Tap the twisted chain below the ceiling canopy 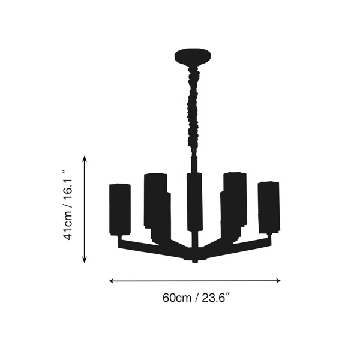(x=193, y=109)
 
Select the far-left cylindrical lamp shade (x=120, y=209)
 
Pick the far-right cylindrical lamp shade (x=269, y=208)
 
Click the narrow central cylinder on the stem (x=194, y=202)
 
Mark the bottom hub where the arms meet (x=195, y=257)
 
